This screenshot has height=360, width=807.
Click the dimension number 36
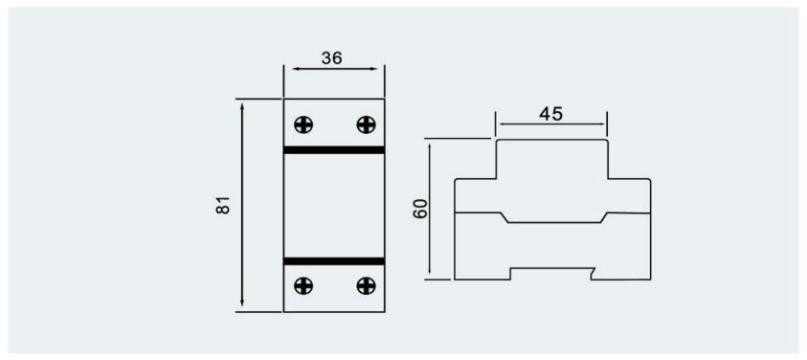click(332, 58)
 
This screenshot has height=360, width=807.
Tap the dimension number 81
click(223, 205)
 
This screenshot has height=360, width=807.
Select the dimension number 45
click(551, 114)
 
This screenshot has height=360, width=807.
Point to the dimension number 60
click(420, 208)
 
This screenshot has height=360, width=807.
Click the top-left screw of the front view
click(303, 124)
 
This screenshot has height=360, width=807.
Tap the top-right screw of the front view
click(366, 124)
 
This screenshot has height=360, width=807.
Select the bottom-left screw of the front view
click(303, 285)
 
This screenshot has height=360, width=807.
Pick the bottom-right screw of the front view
click(366, 285)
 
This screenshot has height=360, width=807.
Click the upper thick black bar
click(334, 150)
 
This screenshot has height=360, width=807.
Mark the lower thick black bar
click(334, 261)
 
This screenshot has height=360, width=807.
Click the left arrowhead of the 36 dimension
click(296, 69)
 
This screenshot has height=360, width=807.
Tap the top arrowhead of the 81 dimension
click(242, 106)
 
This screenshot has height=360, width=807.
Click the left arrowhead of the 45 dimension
click(504, 124)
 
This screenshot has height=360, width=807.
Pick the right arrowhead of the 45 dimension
click(600, 124)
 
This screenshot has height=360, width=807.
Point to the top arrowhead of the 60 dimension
click(430, 147)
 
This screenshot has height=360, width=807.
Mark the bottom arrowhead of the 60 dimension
click(430, 270)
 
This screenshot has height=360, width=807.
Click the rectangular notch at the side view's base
click(551, 274)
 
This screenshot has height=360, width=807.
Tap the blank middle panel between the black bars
click(334, 206)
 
